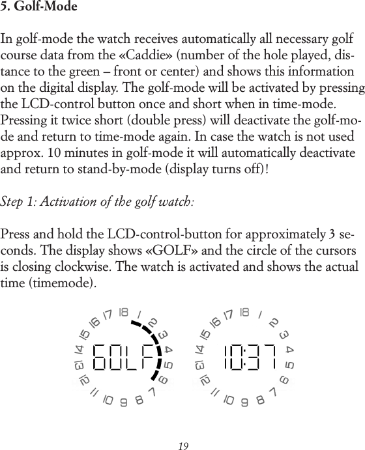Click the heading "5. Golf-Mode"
click(x=39, y=8)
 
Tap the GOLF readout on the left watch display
click(x=126, y=358)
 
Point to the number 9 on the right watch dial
click(x=244, y=402)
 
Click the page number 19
click(x=183, y=446)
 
